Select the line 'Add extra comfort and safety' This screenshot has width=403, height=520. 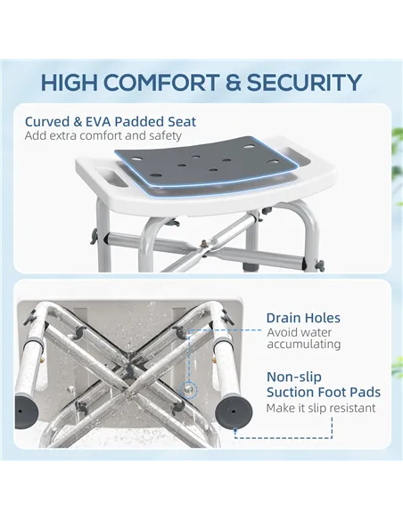103,136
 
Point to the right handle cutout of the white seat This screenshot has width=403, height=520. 296,158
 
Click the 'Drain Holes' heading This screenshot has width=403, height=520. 303,318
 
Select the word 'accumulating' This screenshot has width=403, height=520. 303,344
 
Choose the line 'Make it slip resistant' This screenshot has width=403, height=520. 320,408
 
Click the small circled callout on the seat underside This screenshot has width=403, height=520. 188,389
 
